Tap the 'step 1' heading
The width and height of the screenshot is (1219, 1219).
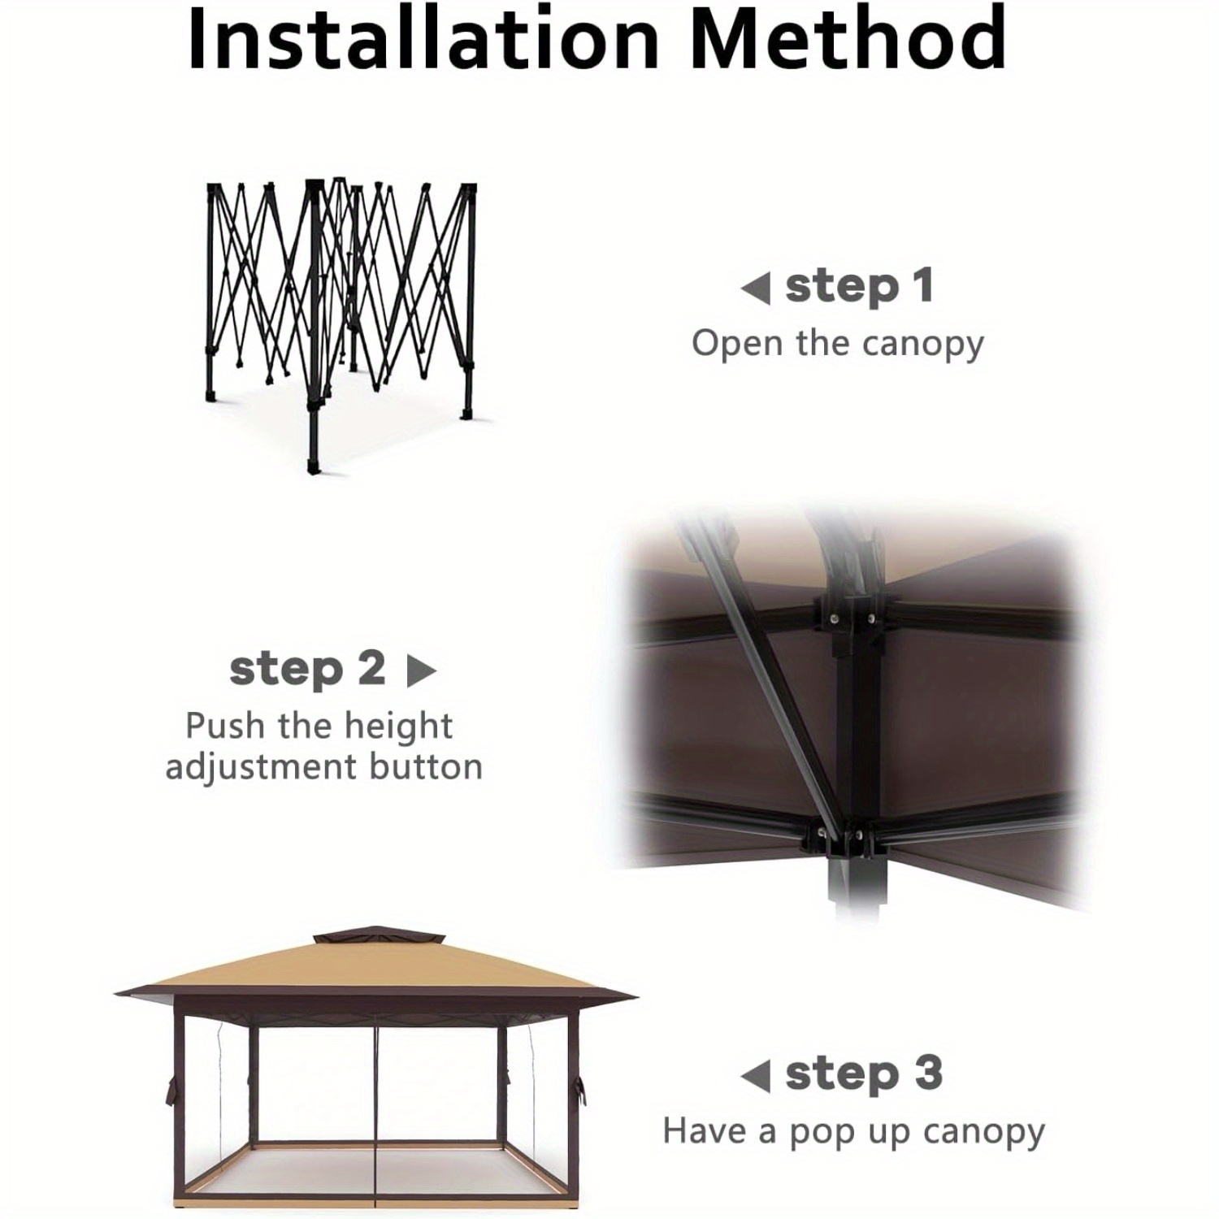(x=859, y=286)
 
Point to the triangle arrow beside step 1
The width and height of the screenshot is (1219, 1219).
(x=756, y=288)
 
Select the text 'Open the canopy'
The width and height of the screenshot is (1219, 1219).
(x=837, y=343)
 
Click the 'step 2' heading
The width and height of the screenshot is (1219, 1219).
(x=307, y=669)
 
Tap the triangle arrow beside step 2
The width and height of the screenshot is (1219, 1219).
(x=421, y=671)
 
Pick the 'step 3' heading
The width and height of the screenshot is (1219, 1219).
(x=864, y=1074)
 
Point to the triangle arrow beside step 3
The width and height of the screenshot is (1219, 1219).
(x=756, y=1077)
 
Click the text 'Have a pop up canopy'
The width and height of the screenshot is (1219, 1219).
(x=853, y=1131)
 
